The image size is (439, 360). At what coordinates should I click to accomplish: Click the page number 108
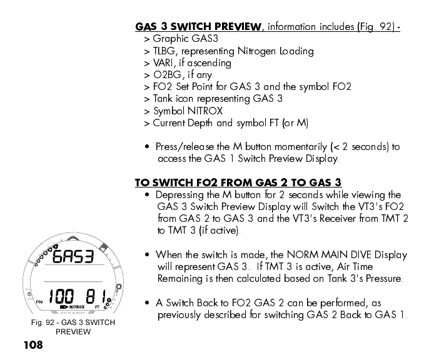tap(33, 345)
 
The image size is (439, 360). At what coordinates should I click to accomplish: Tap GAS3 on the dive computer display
tap(73, 257)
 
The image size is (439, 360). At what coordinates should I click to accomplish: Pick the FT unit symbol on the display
tap(98, 307)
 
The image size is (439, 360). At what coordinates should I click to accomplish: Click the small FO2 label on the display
tap(39, 302)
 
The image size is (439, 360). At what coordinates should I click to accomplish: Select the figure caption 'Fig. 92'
tap(46, 322)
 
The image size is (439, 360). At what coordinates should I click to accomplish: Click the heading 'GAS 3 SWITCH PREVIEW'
tap(199, 27)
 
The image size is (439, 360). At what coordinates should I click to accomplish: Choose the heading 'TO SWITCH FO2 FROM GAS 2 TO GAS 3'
tap(238, 183)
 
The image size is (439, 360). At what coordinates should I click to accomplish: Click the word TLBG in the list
tap(164, 51)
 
